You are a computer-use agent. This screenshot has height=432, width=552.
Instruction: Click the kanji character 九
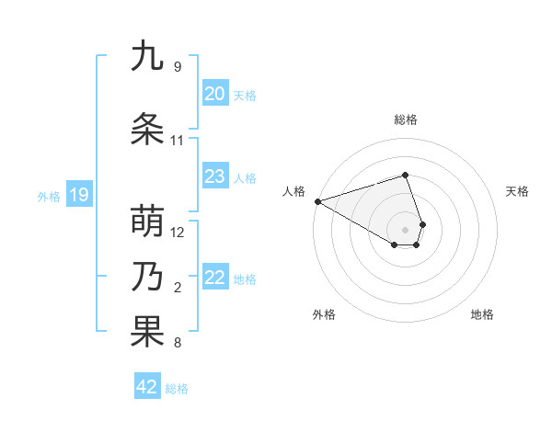point(147,56)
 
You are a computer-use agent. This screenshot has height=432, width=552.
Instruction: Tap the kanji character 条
point(147,130)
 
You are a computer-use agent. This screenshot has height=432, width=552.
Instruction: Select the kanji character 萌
point(147,222)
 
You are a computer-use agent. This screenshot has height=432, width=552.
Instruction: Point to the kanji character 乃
point(147,277)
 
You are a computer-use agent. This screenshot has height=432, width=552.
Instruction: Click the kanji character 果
point(147,332)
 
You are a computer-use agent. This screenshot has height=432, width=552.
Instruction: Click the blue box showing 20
point(215,94)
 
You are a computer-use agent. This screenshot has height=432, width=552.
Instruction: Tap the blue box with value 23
point(215,176)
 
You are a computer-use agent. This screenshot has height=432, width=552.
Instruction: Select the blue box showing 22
point(215,278)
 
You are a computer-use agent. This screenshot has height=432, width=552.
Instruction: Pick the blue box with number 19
point(78,195)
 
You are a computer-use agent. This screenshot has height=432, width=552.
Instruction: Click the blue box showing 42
point(147,387)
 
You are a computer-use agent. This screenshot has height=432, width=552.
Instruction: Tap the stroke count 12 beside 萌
point(178,233)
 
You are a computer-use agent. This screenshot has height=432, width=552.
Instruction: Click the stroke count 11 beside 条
point(177,141)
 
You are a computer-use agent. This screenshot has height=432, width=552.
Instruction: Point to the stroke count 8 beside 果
point(177,344)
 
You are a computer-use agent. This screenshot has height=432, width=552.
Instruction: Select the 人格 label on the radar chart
point(293,191)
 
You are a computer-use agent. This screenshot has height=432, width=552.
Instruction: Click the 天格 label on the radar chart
point(517,191)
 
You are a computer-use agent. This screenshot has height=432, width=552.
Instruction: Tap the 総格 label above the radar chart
point(405,119)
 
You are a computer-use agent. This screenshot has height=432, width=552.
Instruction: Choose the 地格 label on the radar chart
point(482,314)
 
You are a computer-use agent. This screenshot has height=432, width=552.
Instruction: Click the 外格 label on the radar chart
point(324,314)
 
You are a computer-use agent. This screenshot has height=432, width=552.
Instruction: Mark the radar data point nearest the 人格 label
point(317,200)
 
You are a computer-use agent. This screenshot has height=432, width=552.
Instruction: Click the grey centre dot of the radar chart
point(405,229)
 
